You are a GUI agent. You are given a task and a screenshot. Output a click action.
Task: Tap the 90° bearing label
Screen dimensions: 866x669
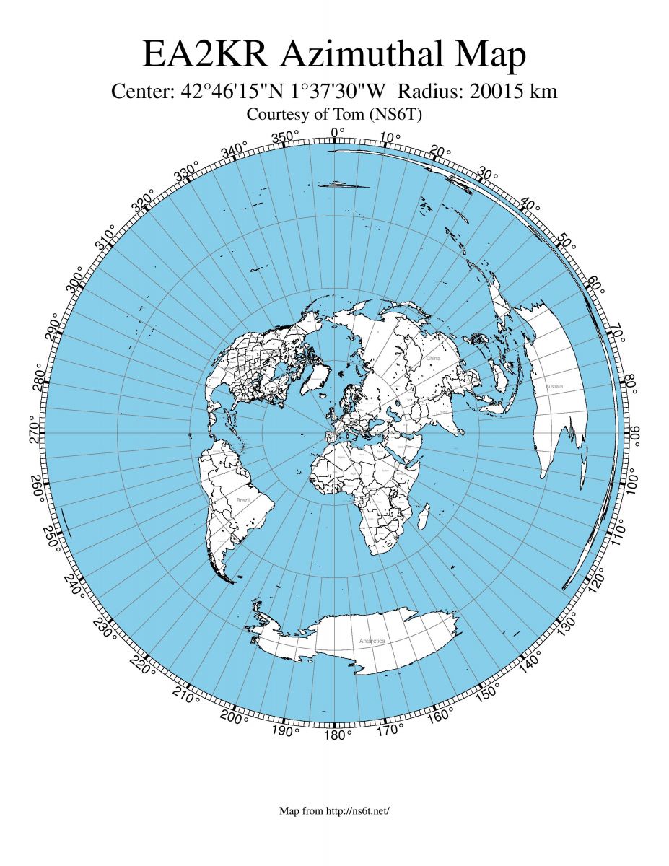pyautogui.click(x=636, y=432)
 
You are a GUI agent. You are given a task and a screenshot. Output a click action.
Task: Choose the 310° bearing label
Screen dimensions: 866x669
pyautogui.click(x=106, y=237)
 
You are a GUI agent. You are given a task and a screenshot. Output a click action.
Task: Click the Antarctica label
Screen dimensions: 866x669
pyautogui.click(x=372, y=641)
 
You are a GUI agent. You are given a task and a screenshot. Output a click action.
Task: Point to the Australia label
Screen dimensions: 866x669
pyautogui.click(x=554, y=388)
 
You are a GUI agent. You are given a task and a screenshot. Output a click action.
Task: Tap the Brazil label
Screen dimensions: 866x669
pyautogui.click(x=242, y=499)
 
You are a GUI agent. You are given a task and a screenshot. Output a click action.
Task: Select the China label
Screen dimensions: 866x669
pyautogui.click(x=433, y=358)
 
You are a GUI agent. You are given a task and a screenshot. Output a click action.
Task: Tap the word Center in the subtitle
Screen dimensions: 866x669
pyautogui.click(x=142, y=92)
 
